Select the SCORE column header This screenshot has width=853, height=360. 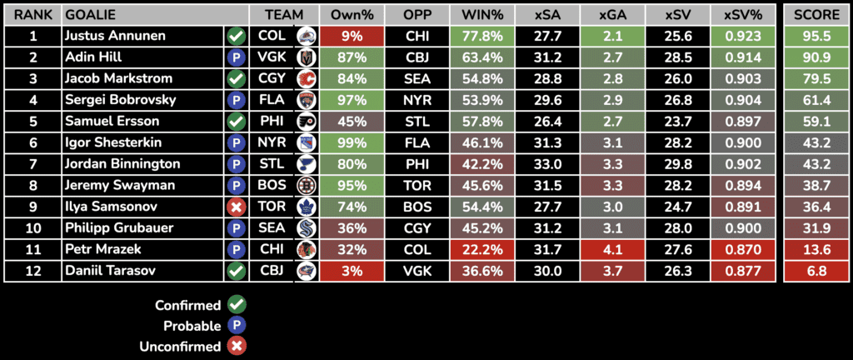tap(816, 15)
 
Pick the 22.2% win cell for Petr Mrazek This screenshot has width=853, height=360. tap(481, 248)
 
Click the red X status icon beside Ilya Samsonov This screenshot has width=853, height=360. tap(236, 206)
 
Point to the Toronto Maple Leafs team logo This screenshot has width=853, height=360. tap(306, 206)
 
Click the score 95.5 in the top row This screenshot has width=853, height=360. tap(816, 37)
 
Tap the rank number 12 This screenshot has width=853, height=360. tap(32, 270)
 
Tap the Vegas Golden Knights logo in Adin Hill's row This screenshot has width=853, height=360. tap(306, 57)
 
